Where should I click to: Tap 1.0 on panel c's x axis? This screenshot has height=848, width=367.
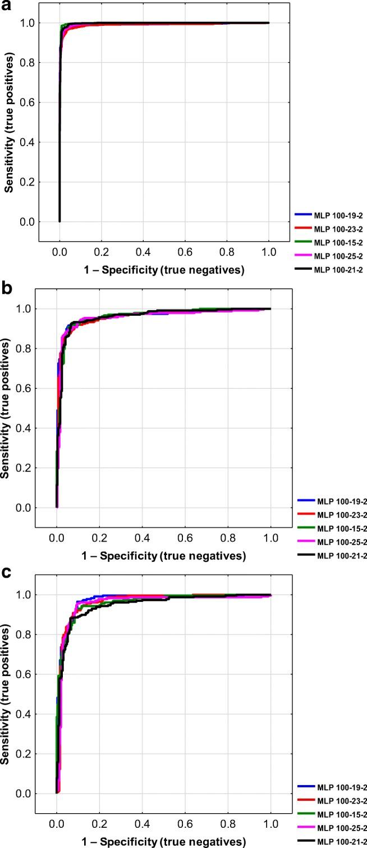coord(271,824)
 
